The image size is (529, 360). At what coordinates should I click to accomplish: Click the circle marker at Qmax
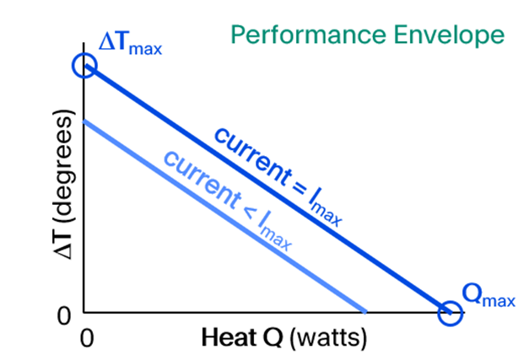(x=451, y=314)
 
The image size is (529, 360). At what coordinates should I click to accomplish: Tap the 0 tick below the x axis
(x=85, y=338)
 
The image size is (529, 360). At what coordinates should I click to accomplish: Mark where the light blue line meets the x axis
(x=365, y=312)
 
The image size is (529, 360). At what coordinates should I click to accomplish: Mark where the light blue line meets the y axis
(x=84, y=121)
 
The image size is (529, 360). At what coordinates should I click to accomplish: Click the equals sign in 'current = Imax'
(x=298, y=189)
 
